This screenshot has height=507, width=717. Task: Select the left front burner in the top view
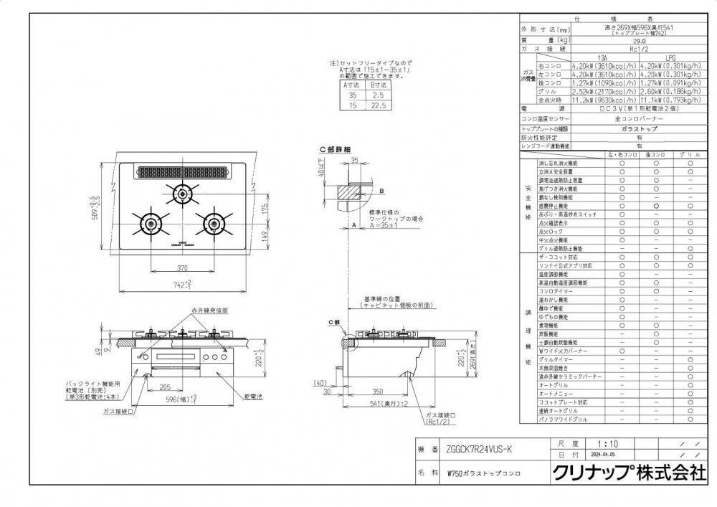(152, 221)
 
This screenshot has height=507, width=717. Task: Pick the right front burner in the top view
(214, 221)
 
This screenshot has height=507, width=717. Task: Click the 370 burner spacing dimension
(182, 267)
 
